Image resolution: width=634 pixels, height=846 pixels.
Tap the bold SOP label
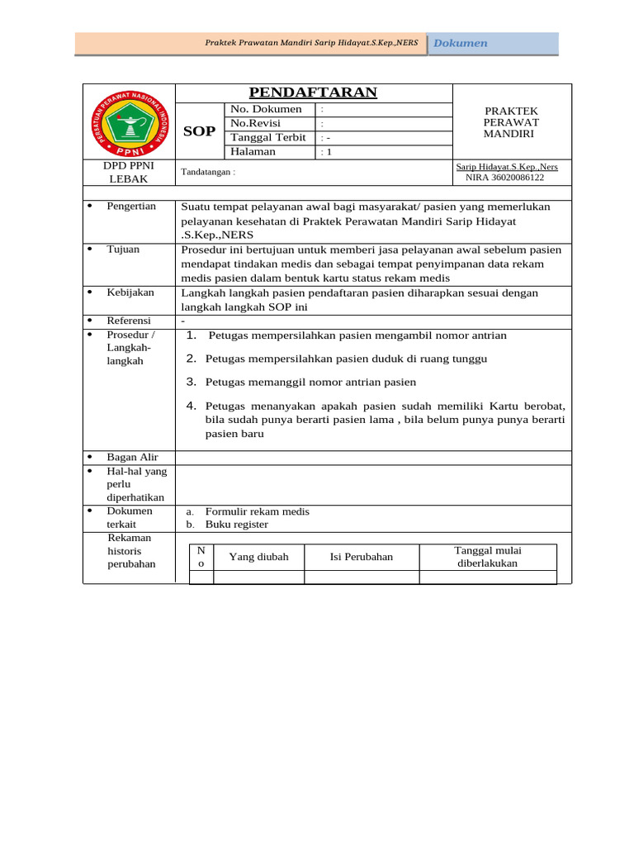[199, 131]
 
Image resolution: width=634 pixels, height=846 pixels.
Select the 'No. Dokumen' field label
[266, 109]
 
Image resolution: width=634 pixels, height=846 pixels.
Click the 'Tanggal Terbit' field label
[267, 137]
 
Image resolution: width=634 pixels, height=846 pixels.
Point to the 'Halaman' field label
[253, 151]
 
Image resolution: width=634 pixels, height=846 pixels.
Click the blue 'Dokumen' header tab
[461, 43]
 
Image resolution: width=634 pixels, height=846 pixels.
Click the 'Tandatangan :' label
[208, 172]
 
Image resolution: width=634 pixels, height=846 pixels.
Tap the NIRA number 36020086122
[504, 177]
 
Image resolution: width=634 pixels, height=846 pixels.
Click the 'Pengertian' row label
[131, 206]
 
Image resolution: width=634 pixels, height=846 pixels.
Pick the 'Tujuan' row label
[123, 249]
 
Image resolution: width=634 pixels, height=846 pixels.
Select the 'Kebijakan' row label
[130, 292]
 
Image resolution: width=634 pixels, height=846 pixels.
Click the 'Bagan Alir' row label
[132, 457]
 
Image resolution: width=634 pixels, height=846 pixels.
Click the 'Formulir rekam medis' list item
[257, 511]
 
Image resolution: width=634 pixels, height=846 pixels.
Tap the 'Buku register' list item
[236, 525]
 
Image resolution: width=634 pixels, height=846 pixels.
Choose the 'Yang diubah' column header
[258, 557]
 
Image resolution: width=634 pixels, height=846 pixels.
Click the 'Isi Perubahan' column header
[362, 557]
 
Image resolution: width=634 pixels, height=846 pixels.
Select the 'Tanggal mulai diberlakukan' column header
[487, 557]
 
